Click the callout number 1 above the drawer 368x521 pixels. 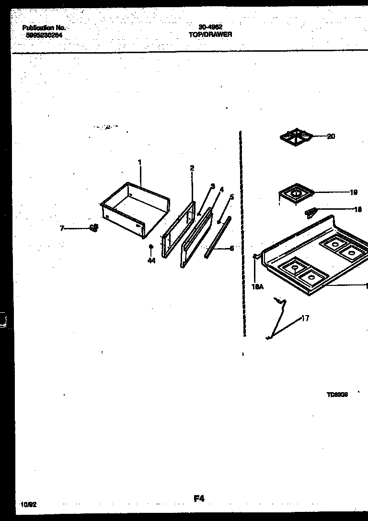[140, 162]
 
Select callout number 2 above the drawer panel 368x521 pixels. [192, 168]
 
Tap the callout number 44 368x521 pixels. [151, 261]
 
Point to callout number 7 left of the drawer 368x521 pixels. [62, 229]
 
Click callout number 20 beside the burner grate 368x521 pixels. [331, 136]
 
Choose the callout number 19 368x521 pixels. [353, 193]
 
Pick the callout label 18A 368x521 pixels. [257, 287]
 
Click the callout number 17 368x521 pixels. [305, 318]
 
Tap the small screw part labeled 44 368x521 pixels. [151, 247]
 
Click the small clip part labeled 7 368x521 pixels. [94, 228]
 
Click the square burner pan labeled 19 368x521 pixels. [295, 194]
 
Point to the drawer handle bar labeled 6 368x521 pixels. [217, 238]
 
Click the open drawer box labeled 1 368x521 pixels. [134, 208]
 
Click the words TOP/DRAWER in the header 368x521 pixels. [210, 34]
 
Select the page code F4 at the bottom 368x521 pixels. [199, 499]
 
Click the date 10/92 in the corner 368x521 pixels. [29, 505]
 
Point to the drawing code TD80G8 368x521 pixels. [337, 395]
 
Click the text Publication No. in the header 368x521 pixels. [44, 28]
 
